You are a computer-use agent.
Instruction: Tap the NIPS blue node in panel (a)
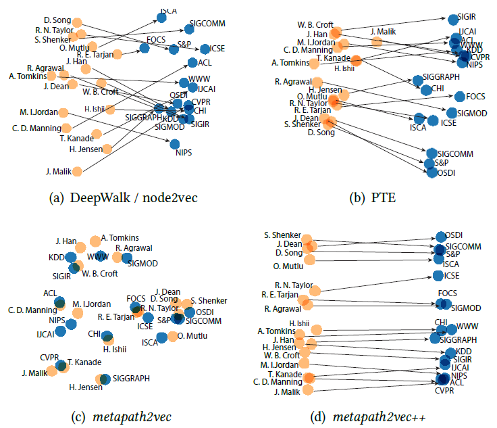[174, 143]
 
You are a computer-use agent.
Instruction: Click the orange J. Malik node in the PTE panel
[376, 42]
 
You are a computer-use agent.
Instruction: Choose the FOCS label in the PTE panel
[476, 96]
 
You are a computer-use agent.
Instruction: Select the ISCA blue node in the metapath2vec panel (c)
[162, 337]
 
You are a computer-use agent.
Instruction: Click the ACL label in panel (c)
[51, 293]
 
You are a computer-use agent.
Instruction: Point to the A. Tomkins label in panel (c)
[120, 237]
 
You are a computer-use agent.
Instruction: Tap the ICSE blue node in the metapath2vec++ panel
[438, 275]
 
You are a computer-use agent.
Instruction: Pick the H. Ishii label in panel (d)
[300, 323]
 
